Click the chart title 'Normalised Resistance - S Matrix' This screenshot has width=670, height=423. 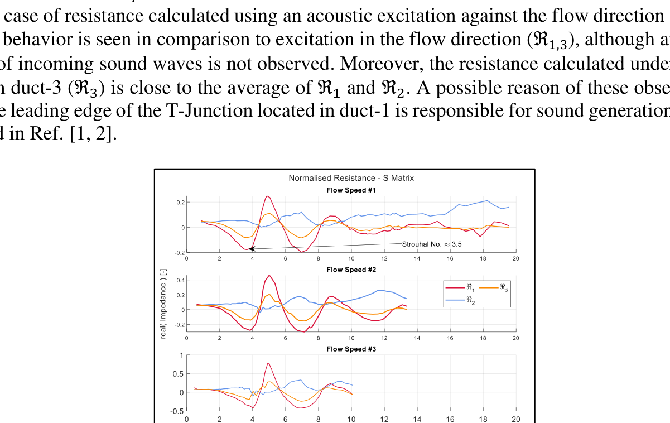pyautogui.click(x=351, y=178)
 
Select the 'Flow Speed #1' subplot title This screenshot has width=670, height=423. pyautogui.click(x=351, y=190)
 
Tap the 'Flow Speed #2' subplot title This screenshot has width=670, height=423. pyautogui.click(x=351, y=270)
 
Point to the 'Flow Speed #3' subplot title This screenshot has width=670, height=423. pyautogui.click(x=351, y=349)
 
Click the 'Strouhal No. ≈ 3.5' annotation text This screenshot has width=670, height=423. pyautogui.click(x=432, y=244)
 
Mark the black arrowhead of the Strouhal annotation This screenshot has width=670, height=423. pyautogui.click(x=252, y=248)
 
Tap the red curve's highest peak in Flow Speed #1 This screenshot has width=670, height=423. pyautogui.click(x=267, y=196)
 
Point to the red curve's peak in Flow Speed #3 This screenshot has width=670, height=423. pyautogui.click(x=268, y=363)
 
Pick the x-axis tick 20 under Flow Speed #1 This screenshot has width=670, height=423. pyautogui.click(x=515, y=258)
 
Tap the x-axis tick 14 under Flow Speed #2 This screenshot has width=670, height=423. pyautogui.click(x=417, y=338)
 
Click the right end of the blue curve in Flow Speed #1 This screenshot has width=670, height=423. pyautogui.click(x=508, y=208)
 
